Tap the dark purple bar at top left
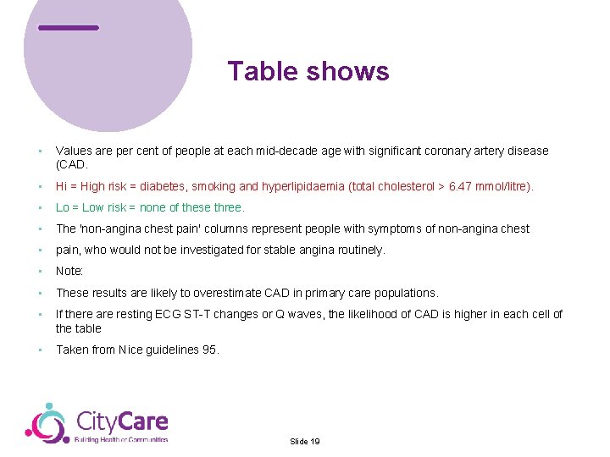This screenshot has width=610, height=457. tap(69, 28)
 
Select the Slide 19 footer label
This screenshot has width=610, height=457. tap(304, 442)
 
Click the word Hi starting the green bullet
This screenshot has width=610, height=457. tap(62, 186)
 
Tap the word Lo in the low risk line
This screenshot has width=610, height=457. tap(63, 207)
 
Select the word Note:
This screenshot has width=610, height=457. tap(70, 272)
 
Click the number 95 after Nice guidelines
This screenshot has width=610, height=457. tap(210, 350)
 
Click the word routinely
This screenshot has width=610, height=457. tap(361, 250)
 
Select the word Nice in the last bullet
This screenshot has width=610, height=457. tap(131, 350)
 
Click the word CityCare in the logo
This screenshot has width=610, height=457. tap(122, 421)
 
